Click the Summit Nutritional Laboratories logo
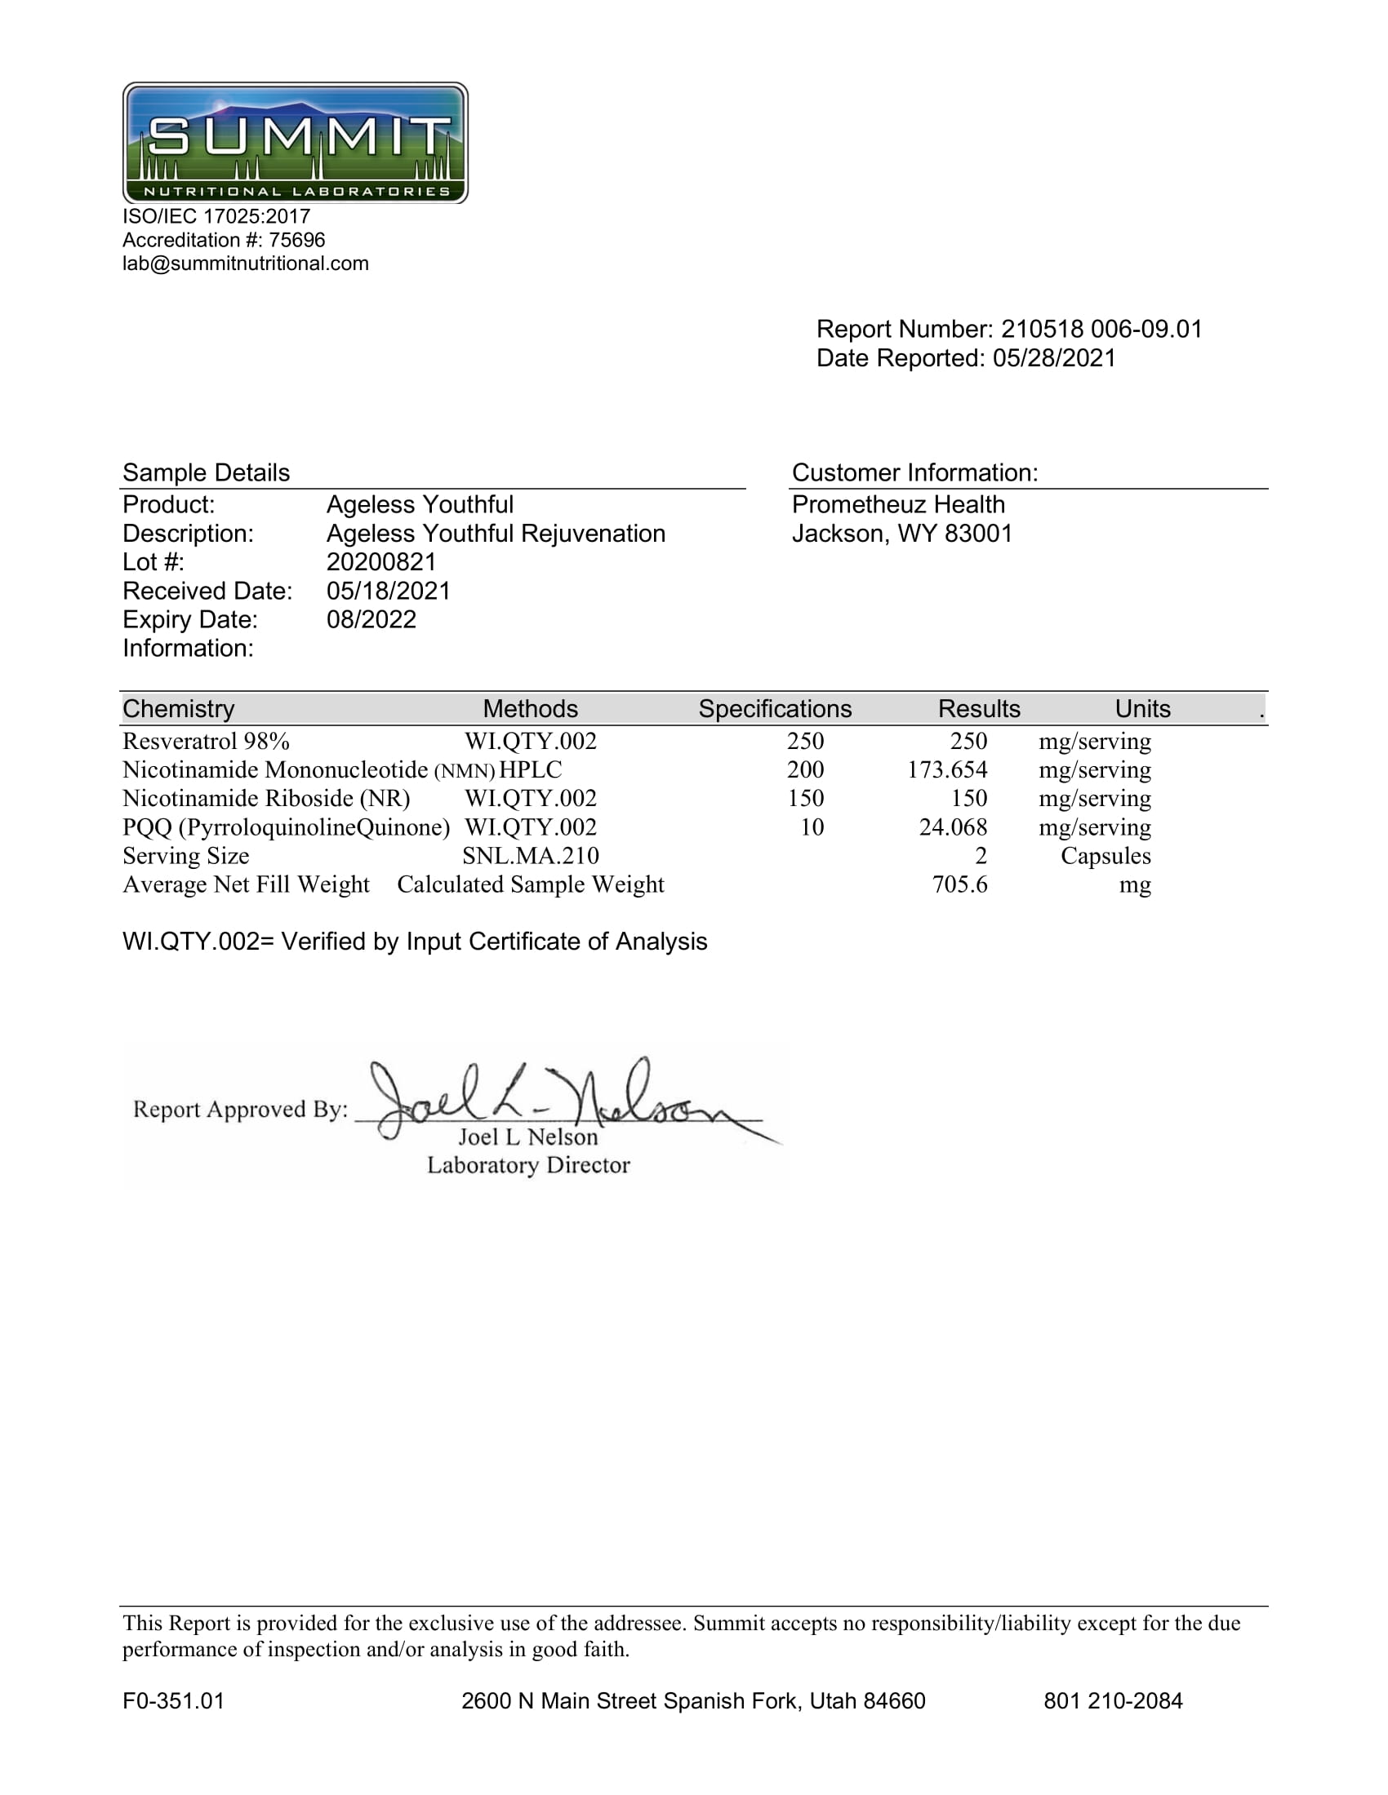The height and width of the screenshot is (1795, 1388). pyautogui.click(x=296, y=143)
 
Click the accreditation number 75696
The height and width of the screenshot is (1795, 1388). pyautogui.click(x=297, y=240)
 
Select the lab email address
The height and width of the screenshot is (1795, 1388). pyautogui.click(x=245, y=264)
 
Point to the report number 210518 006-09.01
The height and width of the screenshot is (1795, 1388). pyautogui.click(x=1101, y=330)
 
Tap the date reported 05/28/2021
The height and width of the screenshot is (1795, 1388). pyautogui.click(x=1054, y=358)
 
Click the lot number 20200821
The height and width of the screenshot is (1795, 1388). pyautogui.click(x=380, y=562)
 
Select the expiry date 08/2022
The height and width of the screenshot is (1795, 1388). pyautogui.click(x=371, y=620)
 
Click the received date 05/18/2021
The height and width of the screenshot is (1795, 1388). pyautogui.click(x=388, y=591)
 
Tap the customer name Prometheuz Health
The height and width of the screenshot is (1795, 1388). pyautogui.click(x=898, y=504)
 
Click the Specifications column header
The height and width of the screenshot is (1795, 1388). pyautogui.click(x=775, y=708)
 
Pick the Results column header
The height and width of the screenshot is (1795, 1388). pyautogui.click(x=978, y=708)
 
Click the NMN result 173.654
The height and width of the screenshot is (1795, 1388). pyautogui.click(x=946, y=770)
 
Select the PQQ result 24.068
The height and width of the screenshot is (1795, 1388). pyautogui.click(x=952, y=827)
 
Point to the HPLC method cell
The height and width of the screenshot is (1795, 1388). pyautogui.click(x=531, y=770)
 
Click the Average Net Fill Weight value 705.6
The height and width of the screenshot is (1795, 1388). pyautogui.click(x=959, y=885)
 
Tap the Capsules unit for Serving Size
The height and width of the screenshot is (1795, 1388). pyautogui.click(x=1106, y=857)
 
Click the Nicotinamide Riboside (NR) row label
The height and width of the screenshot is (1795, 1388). pyautogui.click(x=265, y=799)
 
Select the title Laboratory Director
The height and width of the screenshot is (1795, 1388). pyautogui.click(x=528, y=1165)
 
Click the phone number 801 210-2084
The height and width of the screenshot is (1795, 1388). pyautogui.click(x=1113, y=1700)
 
